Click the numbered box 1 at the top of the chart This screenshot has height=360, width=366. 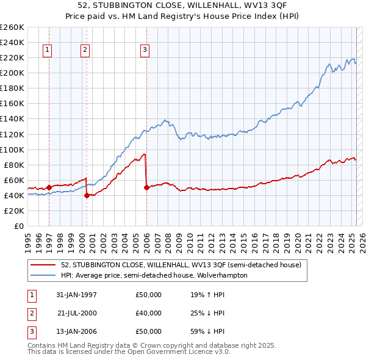pos(48,50)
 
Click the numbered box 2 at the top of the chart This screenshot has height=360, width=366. pos(85,50)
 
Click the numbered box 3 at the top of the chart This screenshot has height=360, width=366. pos(145,50)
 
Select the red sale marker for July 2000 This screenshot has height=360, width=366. pos(87,195)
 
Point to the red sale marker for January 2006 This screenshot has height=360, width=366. pos(146,187)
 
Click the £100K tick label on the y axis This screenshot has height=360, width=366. pos(12,149)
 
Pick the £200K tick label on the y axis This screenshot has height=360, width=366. pos(12,73)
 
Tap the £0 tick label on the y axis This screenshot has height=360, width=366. pos(18,226)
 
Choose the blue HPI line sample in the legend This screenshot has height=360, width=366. pos(43,275)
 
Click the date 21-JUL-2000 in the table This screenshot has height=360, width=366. pos(77,313)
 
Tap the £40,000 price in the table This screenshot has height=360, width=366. pos(149,313)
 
